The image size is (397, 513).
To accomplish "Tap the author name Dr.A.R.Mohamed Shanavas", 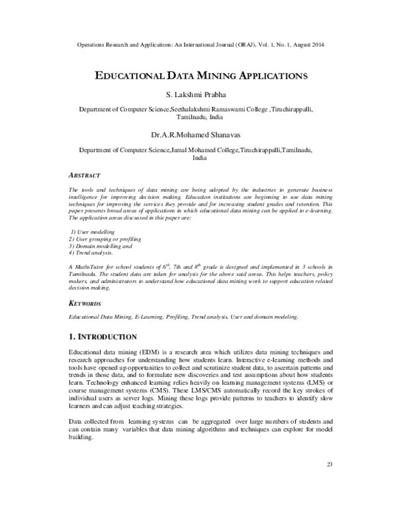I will pos(198,136).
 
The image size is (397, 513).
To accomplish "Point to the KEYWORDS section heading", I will pos(85,303).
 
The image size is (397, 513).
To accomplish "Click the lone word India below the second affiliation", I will pos(198,159).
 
